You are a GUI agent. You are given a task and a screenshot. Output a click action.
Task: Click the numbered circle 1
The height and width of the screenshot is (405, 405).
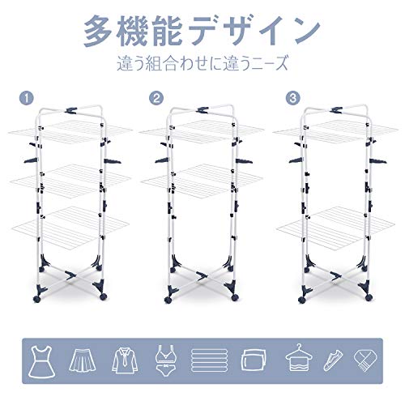(x=27, y=98)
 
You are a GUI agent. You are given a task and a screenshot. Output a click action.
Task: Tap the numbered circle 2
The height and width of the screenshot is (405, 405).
(x=156, y=98)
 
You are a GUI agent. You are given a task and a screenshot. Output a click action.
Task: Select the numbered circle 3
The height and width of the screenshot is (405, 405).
(x=293, y=98)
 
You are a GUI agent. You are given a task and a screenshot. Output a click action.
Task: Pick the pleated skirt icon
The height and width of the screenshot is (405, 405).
(x=83, y=360)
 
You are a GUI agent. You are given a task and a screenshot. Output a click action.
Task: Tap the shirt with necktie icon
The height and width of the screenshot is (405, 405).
(x=125, y=360)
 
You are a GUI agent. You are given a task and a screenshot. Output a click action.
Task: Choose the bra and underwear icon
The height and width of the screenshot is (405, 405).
(x=166, y=360)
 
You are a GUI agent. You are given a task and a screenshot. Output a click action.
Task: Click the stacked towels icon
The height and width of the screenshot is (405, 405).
(x=209, y=360)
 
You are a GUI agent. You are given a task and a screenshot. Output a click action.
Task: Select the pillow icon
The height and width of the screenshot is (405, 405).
(x=254, y=360)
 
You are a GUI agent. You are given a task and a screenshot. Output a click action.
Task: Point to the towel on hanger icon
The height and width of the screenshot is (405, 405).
(x=299, y=359)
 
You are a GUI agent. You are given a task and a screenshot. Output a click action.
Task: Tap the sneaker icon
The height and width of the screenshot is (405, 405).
(x=333, y=360)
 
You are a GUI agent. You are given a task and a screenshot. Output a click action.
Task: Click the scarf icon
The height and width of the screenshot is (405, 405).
(x=365, y=360)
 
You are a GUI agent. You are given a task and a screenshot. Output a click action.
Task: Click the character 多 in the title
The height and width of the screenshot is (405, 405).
(x=98, y=32)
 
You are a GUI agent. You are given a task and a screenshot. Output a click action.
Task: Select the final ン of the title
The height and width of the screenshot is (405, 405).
(x=305, y=32)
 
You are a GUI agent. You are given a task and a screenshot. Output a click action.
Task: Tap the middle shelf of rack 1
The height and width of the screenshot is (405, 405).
(x=70, y=179)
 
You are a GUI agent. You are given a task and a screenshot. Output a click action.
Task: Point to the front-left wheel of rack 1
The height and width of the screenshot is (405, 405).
(x=36, y=299)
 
